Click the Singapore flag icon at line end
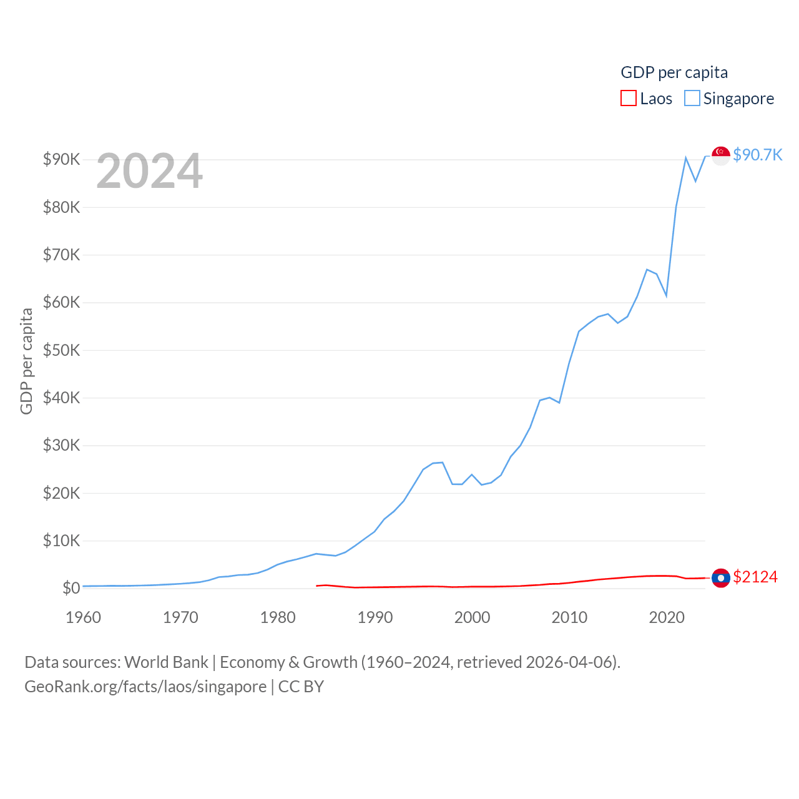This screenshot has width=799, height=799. click(x=721, y=156)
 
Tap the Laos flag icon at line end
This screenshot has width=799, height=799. click(x=721, y=578)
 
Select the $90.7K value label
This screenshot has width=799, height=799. click(x=757, y=155)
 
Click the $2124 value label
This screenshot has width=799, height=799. click(x=755, y=577)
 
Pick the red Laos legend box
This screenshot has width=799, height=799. click(x=628, y=99)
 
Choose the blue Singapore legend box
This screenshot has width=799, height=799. click(x=692, y=99)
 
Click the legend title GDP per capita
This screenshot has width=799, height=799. click(x=674, y=72)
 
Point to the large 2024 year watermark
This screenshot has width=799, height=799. click(x=149, y=171)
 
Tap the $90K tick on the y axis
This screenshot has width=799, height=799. click(x=61, y=159)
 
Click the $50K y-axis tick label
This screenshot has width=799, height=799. click(x=61, y=350)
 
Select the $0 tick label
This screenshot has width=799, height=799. click(x=71, y=588)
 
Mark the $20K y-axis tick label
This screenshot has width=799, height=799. click(x=61, y=493)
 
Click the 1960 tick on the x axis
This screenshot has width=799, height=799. click(x=83, y=617)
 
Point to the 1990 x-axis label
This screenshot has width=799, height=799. click(x=375, y=617)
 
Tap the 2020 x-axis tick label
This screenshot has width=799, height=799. click(x=667, y=617)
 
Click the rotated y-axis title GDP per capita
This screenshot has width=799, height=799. click(x=26, y=361)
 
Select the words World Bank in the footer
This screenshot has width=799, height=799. click(x=166, y=662)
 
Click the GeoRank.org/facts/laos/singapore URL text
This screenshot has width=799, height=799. click(x=145, y=687)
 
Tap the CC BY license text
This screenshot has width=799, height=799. click(x=301, y=687)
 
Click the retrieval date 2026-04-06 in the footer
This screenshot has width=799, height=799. click(x=571, y=662)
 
